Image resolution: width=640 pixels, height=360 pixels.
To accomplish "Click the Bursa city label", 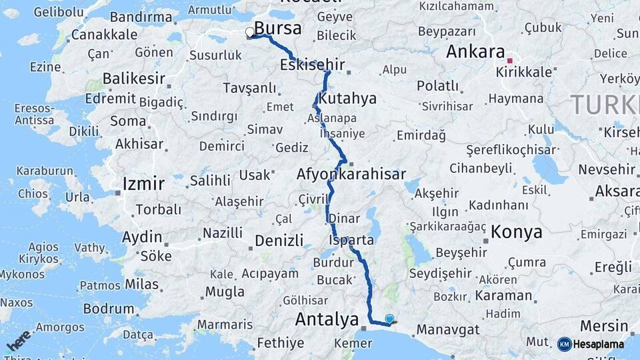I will (278, 29).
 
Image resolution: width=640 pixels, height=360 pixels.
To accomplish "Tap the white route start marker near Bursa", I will (250, 31).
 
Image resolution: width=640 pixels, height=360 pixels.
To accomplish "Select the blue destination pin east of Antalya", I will (389, 319).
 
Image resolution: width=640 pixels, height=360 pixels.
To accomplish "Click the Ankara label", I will (475, 51).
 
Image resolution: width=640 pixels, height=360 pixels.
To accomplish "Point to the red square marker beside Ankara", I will (510, 61).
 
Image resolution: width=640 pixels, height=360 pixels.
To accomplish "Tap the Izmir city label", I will (143, 183).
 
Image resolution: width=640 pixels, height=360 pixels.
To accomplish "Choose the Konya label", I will (517, 232).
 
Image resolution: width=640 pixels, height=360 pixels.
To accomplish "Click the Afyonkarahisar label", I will (351, 175).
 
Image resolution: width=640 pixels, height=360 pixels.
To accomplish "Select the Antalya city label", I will (327, 320).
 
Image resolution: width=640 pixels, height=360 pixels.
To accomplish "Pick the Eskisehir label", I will (313, 65).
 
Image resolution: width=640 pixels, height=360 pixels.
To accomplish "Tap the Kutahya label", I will (347, 99).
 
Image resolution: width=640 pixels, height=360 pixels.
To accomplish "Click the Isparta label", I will (351, 239).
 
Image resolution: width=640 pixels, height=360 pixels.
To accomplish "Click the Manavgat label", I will (448, 329).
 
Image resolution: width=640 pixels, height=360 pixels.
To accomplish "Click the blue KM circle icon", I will (564, 344).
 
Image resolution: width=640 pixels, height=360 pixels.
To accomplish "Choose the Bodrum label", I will (109, 309).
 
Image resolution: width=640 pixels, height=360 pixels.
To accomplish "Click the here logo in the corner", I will (18, 342).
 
